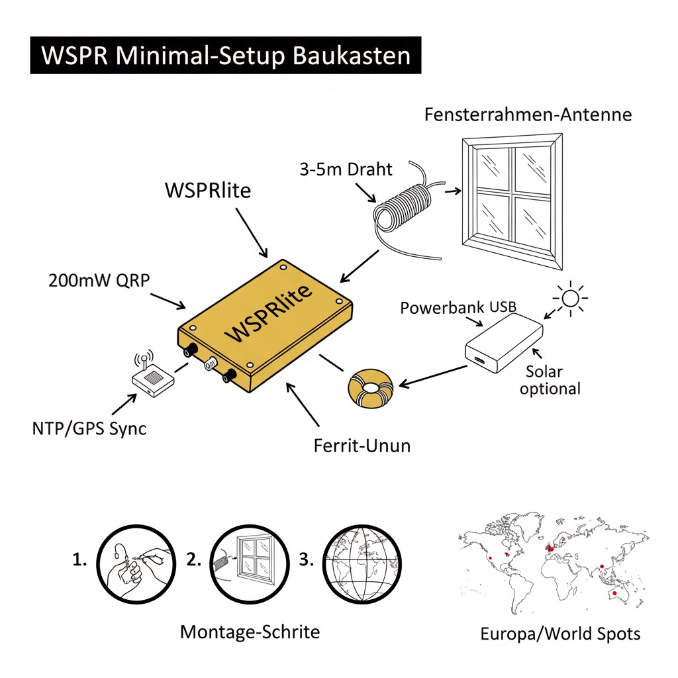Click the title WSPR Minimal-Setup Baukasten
coord(225,56)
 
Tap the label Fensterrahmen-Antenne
coord(528,115)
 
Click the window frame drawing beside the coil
coord(513,201)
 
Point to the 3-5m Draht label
coord(346,169)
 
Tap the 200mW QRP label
coord(99,280)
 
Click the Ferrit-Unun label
coord(362,446)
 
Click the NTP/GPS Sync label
coord(89,428)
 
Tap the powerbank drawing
coord(504,343)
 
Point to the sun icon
coord(570,299)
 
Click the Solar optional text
coord(550,380)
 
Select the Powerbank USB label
coord(458,307)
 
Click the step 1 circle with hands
coord(136,564)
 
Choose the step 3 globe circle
coord(362,564)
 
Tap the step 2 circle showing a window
coord(249,564)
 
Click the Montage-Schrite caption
coord(250,632)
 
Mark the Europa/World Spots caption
coord(560,634)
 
